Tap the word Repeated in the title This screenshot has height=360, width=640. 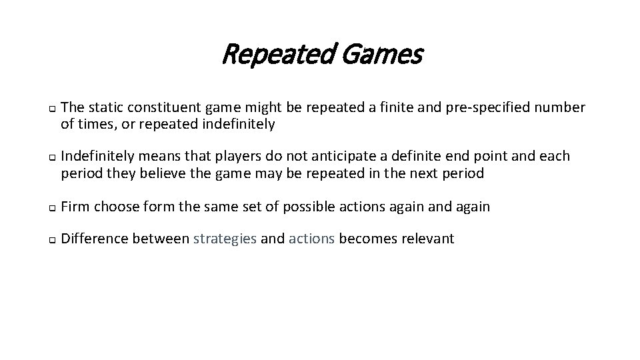278,55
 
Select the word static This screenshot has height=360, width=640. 105,107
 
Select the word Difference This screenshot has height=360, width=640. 94,239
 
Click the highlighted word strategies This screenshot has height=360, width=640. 225,239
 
